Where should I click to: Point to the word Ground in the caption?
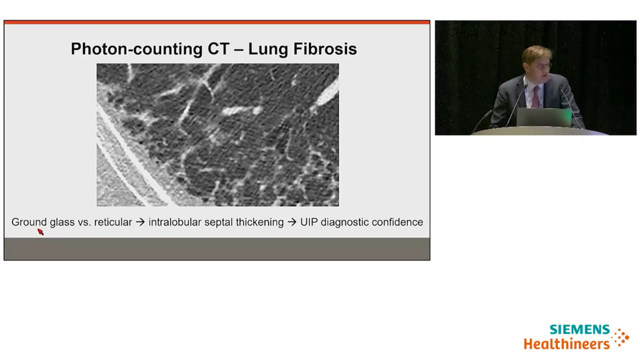click(x=29, y=222)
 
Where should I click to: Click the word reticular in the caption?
click(x=113, y=222)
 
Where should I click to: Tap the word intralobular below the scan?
click(x=174, y=222)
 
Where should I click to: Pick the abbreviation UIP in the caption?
click(x=309, y=222)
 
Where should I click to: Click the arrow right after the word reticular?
click(x=140, y=222)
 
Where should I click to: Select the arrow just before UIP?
click(x=291, y=222)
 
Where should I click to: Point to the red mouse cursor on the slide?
click(x=40, y=232)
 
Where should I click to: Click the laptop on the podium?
click(x=544, y=117)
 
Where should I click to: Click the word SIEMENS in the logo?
click(x=580, y=329)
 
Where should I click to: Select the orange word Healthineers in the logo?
click(x=566, y=343)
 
